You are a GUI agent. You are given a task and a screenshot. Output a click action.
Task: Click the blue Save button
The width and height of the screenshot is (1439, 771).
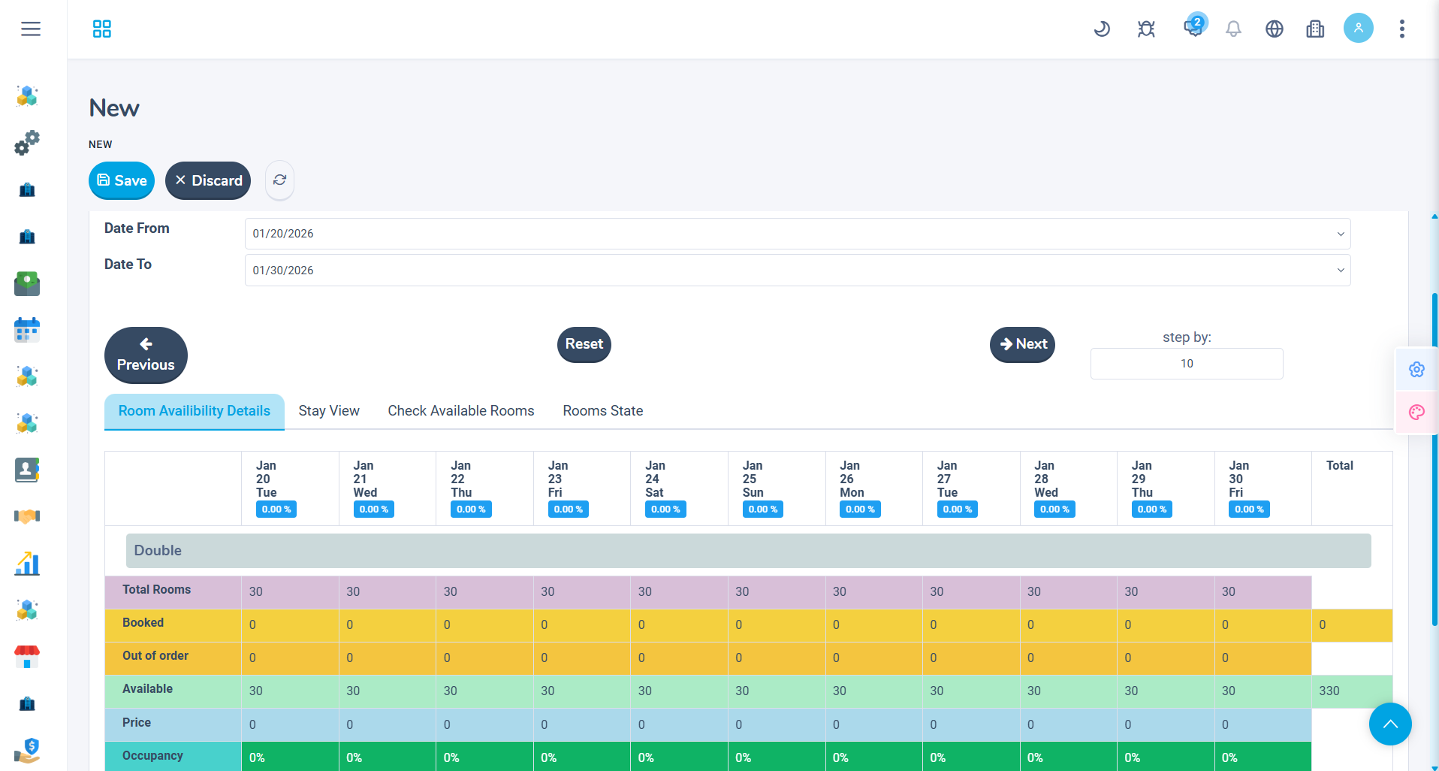(122, 180)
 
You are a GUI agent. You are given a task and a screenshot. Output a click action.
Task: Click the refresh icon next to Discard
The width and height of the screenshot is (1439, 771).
(279, 180)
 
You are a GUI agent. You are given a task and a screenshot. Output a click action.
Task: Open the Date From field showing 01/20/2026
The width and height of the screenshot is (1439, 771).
(797, 234)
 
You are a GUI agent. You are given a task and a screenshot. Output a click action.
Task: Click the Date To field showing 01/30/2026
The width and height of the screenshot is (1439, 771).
(797, 271)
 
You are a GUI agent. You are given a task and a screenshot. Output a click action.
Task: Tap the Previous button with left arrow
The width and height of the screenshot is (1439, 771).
(146, 355)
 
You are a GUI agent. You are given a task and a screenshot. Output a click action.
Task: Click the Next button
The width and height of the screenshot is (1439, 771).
(1022, 344)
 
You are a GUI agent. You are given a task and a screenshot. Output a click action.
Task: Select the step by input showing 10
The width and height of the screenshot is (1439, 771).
(1186, 364)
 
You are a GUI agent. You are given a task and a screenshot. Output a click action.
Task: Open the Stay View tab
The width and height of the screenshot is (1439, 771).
(329, 411)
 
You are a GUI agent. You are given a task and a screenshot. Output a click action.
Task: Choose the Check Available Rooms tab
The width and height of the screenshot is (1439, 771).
(461, 411)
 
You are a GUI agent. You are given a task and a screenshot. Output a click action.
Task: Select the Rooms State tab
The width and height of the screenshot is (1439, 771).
(603, 411)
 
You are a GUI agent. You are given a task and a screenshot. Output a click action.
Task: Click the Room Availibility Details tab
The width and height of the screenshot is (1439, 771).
(195, 411)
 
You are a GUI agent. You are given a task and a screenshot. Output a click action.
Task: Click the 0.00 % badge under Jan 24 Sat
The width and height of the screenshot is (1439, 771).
(665, 509)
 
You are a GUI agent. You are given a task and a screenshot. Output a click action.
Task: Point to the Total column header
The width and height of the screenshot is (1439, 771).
(1339, 466)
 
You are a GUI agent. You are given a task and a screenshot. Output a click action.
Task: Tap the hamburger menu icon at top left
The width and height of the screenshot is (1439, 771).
(31, 29)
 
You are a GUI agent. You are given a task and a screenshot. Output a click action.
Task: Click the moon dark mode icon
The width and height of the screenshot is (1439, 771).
(1102, 29)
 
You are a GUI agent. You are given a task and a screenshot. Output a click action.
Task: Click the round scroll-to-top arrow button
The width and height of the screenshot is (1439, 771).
(1389, 724)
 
